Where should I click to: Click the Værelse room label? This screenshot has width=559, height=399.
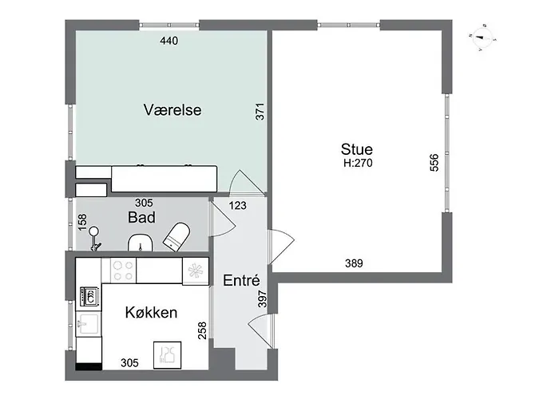(172, 110)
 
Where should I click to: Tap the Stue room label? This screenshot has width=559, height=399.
(356, 149)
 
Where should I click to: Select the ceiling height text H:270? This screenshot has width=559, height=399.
(358, 163)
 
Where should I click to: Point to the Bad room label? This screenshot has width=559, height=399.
(141, 217)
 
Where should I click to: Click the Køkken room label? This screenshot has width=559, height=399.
(151, 313)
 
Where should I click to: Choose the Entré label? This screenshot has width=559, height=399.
(241, 280)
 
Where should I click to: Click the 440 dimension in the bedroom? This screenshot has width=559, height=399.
(169, 41)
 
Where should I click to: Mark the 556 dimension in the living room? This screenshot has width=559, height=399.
(434, 163)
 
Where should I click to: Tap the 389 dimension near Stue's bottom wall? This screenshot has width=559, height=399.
(354, 263)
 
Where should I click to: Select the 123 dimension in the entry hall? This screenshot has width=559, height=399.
(237, 206)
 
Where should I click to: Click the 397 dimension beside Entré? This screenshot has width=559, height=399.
(262, 299)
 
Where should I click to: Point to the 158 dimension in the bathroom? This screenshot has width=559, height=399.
(82, 223)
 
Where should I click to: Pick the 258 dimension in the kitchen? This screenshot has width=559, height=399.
(202, 330)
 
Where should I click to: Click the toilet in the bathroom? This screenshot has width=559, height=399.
(176, 236)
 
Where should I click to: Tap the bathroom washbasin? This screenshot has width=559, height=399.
(141, 243)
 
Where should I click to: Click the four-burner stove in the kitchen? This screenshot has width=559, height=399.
(123, 271)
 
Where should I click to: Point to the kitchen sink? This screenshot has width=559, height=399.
(88, 324)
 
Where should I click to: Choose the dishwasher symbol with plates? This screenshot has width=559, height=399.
(167, 355)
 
